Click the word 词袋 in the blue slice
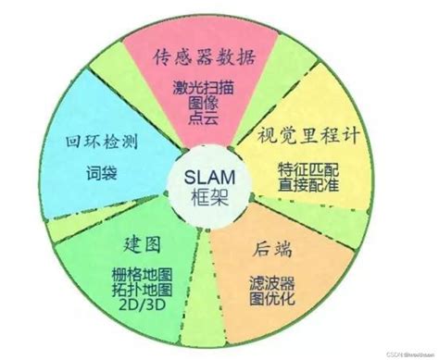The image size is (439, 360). point(104,175)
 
